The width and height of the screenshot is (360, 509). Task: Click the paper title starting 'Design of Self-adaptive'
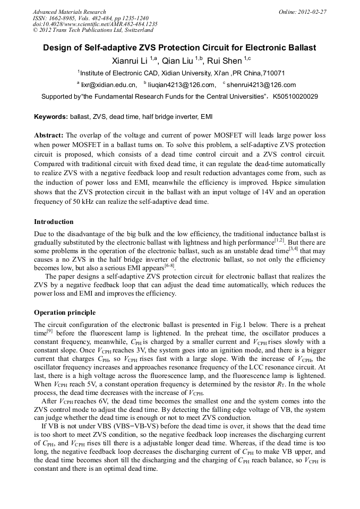(x=179, y=48)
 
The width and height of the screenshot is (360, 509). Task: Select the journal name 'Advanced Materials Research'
(x=69, y=12)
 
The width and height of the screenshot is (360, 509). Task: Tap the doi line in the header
(x=95, y=24)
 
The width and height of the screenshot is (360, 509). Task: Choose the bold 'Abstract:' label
(x=49, y=135)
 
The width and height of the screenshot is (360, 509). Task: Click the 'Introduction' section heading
(x=54, y=222)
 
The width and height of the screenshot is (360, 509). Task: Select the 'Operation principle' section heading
(x=65, y=313)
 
